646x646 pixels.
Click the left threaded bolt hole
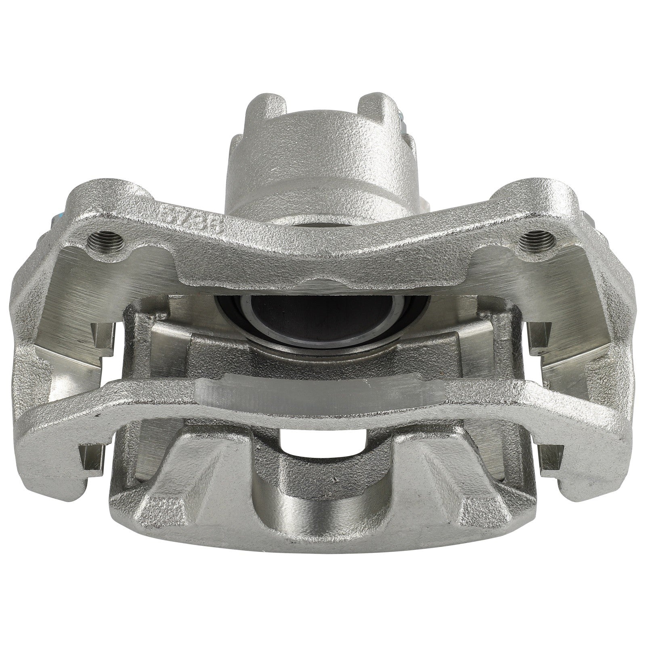pos(107,235)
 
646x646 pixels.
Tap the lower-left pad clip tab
pos(91,456)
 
